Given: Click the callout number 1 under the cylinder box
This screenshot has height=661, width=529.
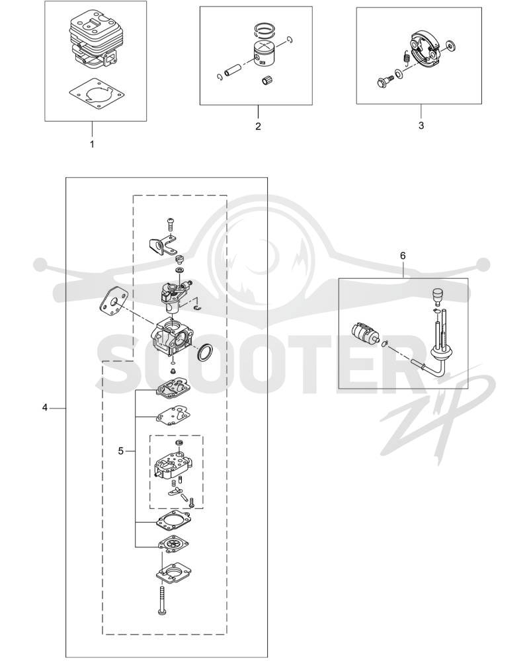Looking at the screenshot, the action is [92, 144].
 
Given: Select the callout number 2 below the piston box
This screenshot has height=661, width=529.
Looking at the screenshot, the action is [258, 126].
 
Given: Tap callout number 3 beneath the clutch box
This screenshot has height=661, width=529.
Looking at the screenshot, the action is [421, 126].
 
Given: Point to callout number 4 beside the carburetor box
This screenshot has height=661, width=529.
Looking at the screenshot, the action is [45, 408].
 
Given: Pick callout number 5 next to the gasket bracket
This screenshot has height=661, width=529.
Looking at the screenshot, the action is [120, 451].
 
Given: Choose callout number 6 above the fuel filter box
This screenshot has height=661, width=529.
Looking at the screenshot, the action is [403, 255].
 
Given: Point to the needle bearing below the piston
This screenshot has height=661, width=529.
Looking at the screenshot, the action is [265, 81].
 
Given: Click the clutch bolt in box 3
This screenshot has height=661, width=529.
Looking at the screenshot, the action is [384, 80].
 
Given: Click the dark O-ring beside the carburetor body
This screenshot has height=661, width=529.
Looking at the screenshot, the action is [205, 352].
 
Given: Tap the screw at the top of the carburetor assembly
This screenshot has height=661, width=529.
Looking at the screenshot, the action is [171, 223].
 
